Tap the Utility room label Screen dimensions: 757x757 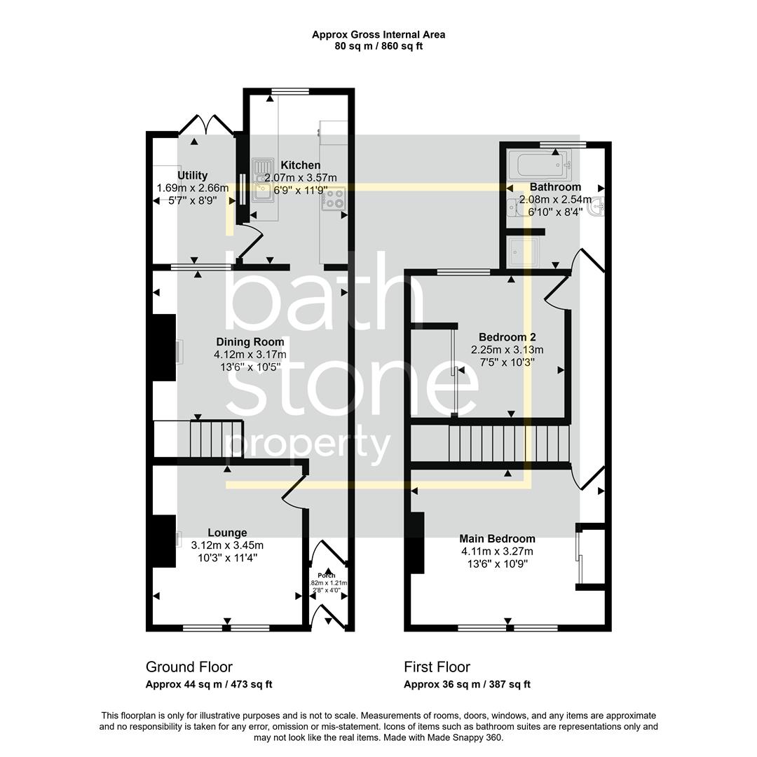[192, 176]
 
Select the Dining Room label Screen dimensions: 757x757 [250, 342]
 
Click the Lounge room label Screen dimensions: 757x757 [227, 533]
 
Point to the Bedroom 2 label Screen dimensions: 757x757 [507, 337]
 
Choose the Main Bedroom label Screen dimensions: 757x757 [497, 539]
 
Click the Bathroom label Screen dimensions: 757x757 [555, 187]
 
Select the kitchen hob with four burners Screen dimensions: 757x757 [334, 200]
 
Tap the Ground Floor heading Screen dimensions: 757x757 [189, 667]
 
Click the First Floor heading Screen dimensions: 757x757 [437, 667]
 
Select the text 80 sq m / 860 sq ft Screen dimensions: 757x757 [378, 46]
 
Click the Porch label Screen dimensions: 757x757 [327, 575]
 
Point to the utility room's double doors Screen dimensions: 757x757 [205, 125]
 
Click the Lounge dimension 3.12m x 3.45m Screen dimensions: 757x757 [227, 545]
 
